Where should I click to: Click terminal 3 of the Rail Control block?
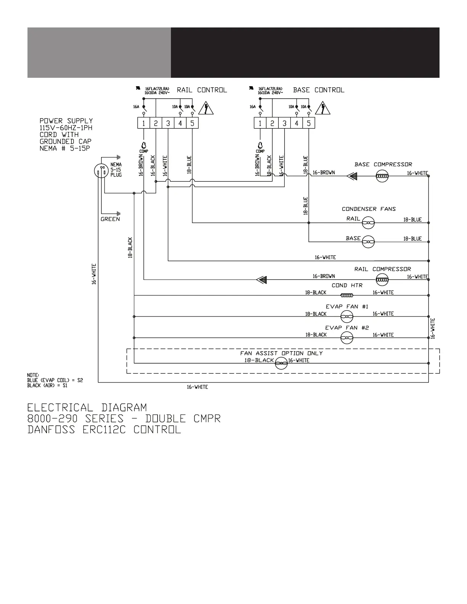coord(168,123)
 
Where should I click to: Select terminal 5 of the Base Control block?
coord(309,123)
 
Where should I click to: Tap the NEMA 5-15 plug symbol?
coord(101,171)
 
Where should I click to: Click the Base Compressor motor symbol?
coord(382,176)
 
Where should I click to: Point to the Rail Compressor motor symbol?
coord(382,280)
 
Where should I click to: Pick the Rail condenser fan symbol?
coord(368,223)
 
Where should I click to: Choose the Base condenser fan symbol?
coord(368,241)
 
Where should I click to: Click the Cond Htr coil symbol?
coord(347,295)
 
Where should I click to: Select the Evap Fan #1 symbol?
coord(347,316)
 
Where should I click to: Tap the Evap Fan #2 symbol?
coord(347,337)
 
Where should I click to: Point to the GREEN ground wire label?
coord(110,219)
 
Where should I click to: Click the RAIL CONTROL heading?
coord(202,90)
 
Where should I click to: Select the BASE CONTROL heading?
coord(319,90)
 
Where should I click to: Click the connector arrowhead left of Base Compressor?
coord(352,176)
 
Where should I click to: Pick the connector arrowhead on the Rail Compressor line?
coord(262,280)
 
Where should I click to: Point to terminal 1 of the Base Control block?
coord(260,123)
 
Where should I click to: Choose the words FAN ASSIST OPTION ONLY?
coord(282,353)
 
